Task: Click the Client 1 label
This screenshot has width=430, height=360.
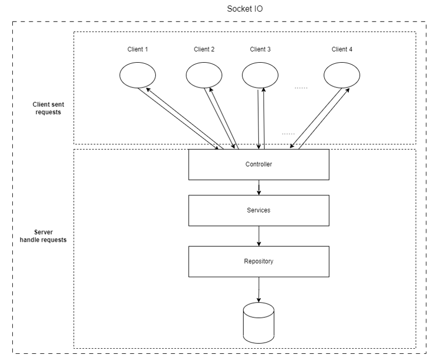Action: tap(137, 50)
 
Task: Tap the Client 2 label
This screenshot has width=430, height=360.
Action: tap(204, 50)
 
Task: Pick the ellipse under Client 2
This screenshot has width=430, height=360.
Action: tap(203, 76)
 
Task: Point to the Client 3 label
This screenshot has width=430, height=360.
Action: tap(260, 50)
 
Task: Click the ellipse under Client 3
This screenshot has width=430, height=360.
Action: tap(260, 76)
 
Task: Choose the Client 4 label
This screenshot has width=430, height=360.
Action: tap(342, 50)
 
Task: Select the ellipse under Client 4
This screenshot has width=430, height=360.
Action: tap(342, 76)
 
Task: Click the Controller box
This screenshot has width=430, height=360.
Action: tap(258, 165)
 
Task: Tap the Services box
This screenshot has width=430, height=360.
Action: tap(258, 211)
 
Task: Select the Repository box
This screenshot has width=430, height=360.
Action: tap(258, 261)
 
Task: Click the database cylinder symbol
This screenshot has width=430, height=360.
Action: tap(258, 323)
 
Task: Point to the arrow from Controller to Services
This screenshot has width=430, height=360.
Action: tap(258, 187)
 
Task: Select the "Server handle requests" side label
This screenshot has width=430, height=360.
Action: tap(47, 236)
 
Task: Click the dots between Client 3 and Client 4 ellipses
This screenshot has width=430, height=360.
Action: tap(301, 88)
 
